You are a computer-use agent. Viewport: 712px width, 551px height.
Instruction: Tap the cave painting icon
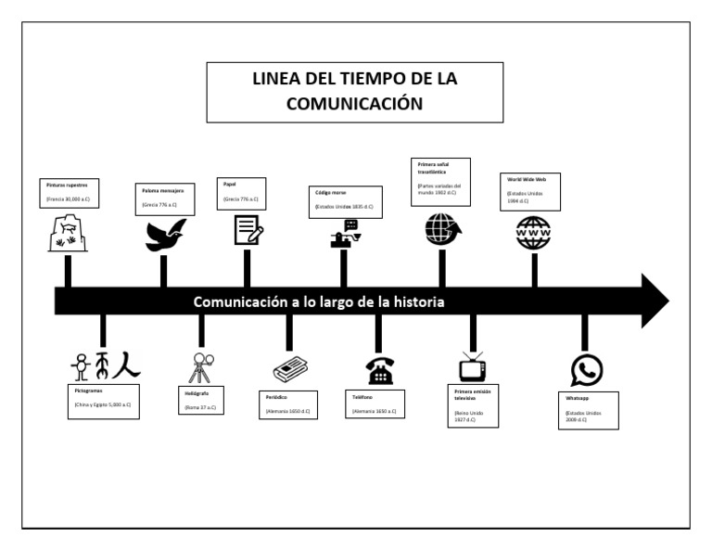click(x=68, y=234)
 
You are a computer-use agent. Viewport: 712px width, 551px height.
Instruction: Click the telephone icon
click(x=379, y=369)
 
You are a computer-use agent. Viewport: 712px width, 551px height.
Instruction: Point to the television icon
click(x=473, y=367)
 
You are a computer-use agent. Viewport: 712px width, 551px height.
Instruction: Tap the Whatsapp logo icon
click(x=586, y=370)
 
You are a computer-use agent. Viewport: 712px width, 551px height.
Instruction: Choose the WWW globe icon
click(x=533, y=231)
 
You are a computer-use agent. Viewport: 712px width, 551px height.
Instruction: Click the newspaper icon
click(x=291, y=368)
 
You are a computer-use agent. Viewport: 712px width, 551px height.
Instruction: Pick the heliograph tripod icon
click(x=201, y=367)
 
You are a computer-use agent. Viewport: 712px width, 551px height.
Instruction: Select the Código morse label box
click(x=344, y=200)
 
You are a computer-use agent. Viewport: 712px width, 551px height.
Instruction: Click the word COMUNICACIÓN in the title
click(x=355, y=104)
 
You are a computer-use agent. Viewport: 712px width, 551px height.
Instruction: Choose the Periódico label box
click(x=290, y=404)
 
